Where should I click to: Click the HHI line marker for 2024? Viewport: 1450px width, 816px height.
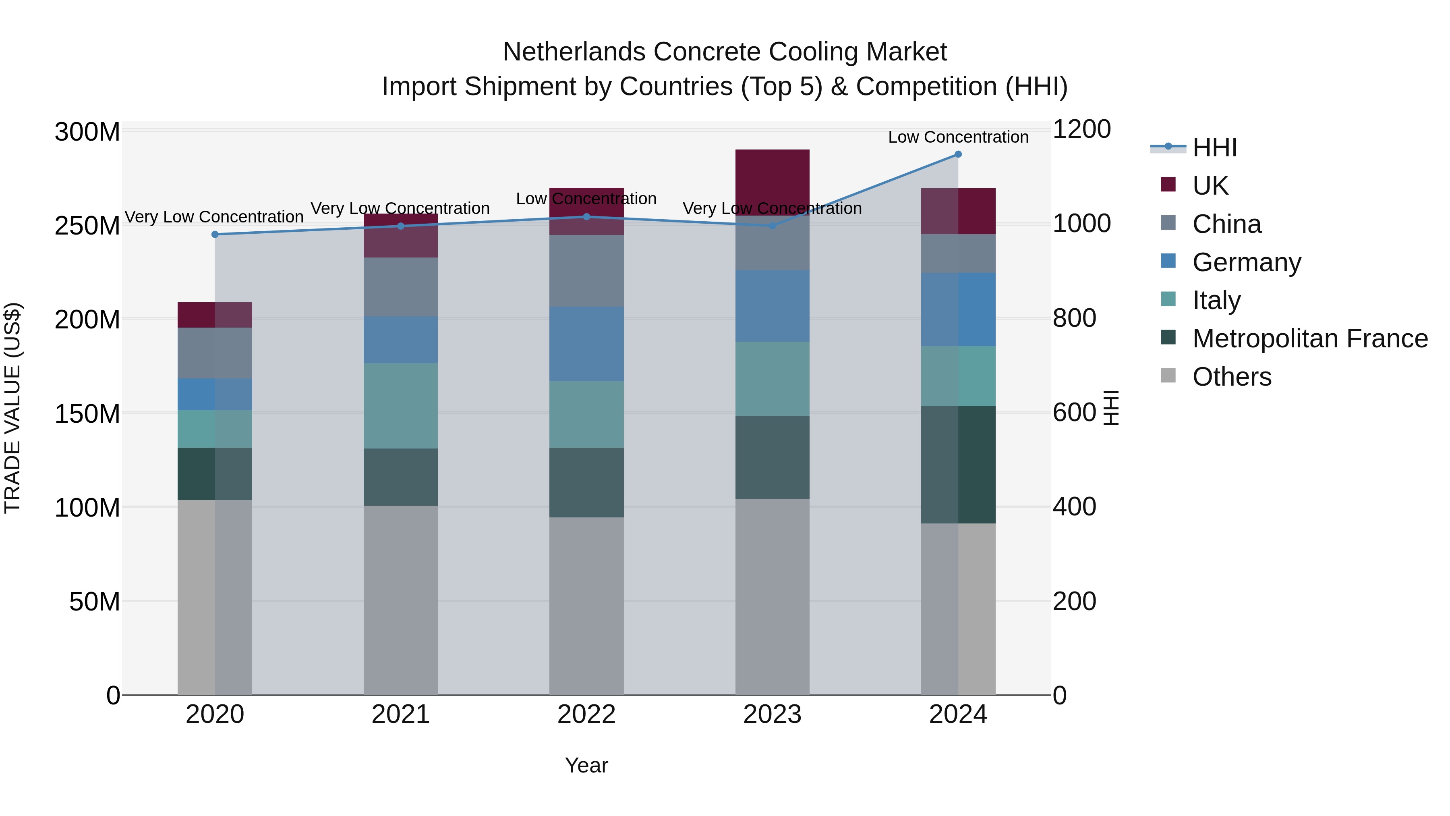(958, 154)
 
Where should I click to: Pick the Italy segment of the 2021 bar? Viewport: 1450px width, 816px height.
(401, 405)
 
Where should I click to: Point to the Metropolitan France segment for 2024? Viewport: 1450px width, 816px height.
(958, 465)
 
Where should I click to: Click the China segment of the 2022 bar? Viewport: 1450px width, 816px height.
(586, 270)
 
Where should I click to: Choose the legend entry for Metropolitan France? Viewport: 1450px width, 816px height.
(1310, 338)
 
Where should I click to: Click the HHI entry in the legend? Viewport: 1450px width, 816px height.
(1214, 147)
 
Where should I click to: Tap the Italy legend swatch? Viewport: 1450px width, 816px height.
(1168, 299)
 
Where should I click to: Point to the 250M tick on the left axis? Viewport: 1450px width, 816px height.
(87, 226)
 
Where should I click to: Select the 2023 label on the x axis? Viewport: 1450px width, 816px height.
(772, 714)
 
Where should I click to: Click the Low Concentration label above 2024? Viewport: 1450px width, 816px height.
(958, 137)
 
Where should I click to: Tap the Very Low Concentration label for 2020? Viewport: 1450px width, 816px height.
(214, 217)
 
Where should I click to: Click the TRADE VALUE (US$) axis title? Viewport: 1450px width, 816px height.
(12, 408)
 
